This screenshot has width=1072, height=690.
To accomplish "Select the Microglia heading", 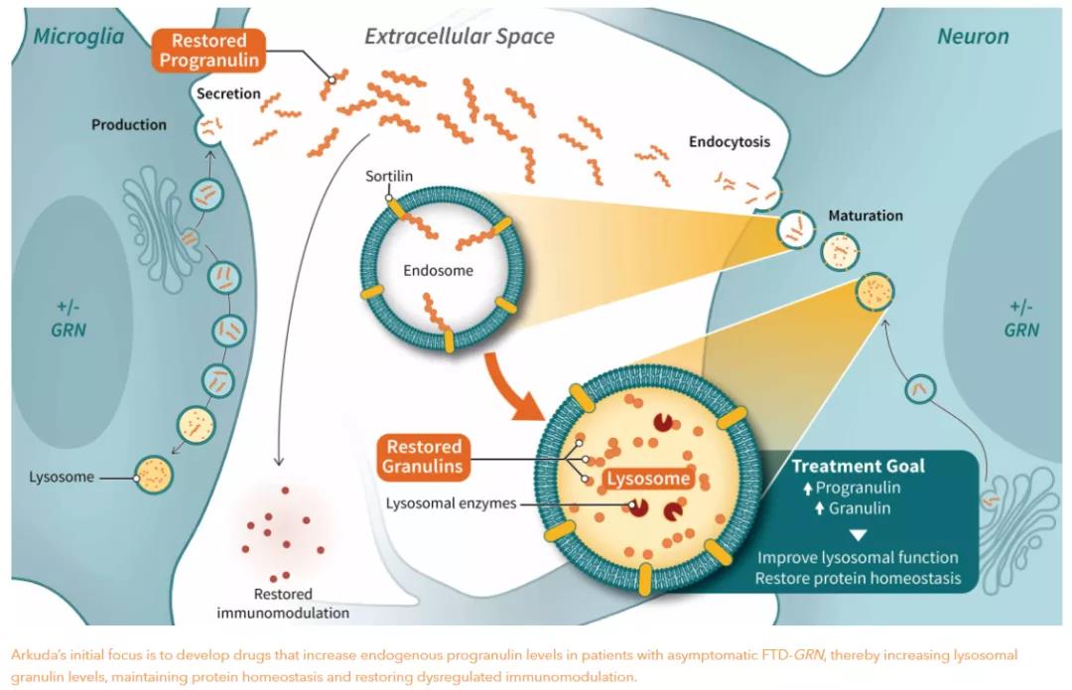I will (78, 38).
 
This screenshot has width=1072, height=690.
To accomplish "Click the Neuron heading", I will (973, 38).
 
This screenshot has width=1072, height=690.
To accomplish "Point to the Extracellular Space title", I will (460, 38).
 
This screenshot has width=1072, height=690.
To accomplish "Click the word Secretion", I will (228, 94).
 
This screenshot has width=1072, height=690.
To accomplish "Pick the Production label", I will (129, 125).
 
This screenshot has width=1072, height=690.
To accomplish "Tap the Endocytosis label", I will (730, 142).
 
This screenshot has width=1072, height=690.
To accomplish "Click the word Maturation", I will (866, 214).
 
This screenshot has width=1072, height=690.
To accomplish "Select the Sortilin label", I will (388, 177).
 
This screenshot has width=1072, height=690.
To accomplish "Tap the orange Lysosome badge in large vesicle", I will (648, 479).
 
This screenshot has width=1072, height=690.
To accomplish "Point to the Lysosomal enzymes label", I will (452, 503).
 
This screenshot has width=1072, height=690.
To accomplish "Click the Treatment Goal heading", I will (858, 466).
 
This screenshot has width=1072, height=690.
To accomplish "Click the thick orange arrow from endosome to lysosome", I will (512, 382).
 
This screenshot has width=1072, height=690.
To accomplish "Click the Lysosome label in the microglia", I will (62, 478).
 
